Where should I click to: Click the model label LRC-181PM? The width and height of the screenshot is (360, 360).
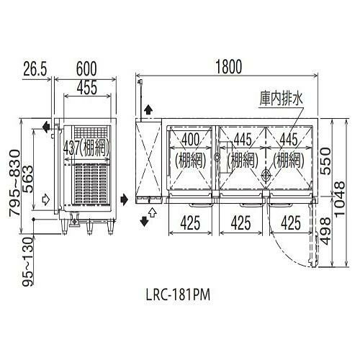[x=178, y=294]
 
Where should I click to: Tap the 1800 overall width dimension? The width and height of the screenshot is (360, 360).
[x=229, y=67]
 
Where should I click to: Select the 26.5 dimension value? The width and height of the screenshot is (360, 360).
[x=35, y=69]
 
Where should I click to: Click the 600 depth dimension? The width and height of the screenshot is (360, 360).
[x=86, y=69]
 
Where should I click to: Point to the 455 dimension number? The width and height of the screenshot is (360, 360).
[x=87, y=87]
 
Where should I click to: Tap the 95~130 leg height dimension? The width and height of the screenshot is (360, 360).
[x=27, y=261]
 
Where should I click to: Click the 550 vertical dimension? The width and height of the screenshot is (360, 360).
[x=325, y=161]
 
